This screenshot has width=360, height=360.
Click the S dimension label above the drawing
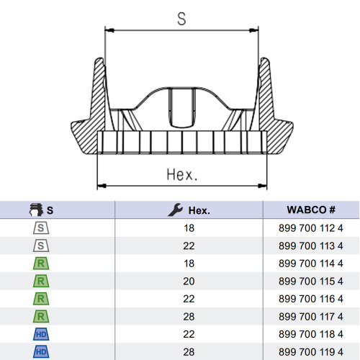point(181,19)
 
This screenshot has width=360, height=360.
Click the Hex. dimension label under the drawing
point(182,174)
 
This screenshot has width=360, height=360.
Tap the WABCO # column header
point(311,210)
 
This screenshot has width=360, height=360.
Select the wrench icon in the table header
point(176,210)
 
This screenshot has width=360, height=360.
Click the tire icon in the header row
point(36,210)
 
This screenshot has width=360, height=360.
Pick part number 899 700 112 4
point(311,228)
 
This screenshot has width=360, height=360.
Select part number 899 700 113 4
point(311,246)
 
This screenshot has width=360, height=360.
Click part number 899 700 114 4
point(311,264)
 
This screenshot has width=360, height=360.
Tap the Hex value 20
point(189,282)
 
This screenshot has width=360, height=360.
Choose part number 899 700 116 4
point(311,299)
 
